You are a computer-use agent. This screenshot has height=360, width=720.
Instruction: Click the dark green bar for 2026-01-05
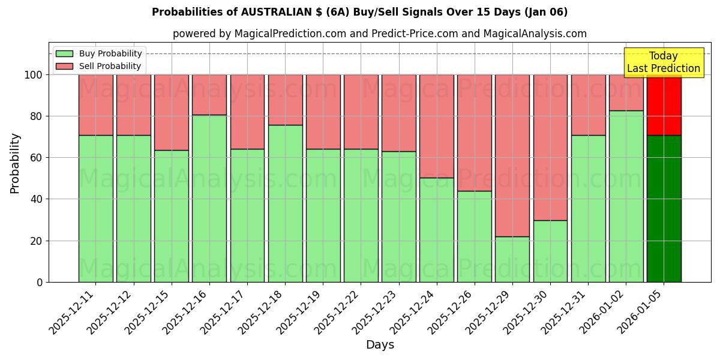(664, 208)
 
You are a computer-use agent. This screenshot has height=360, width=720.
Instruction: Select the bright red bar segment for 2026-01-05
(664, 104)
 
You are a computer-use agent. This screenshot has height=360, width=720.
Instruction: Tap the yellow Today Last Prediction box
(663, 62)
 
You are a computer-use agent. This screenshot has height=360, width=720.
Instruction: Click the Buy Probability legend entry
(98, 53)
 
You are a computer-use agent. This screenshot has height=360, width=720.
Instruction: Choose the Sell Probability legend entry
(98, 66)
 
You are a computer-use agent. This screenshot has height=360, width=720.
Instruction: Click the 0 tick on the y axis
(40, 282)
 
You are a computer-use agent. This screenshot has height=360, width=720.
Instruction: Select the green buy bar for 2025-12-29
(512, 259)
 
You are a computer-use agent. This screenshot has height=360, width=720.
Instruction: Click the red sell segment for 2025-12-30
(550, 147)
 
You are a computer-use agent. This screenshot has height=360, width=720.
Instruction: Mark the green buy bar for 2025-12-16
(209, 198)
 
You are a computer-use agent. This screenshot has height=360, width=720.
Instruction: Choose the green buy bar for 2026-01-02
(626, 196)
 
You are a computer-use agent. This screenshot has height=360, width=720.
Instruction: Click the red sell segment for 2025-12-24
(436, 126)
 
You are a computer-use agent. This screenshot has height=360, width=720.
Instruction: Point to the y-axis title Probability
(15, 163)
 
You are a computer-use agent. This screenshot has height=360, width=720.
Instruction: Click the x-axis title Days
(380, 345)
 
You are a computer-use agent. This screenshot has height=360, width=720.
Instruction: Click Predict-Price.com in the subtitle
(415, 34)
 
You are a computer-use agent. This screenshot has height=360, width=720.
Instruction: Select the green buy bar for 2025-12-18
(285, 203)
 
